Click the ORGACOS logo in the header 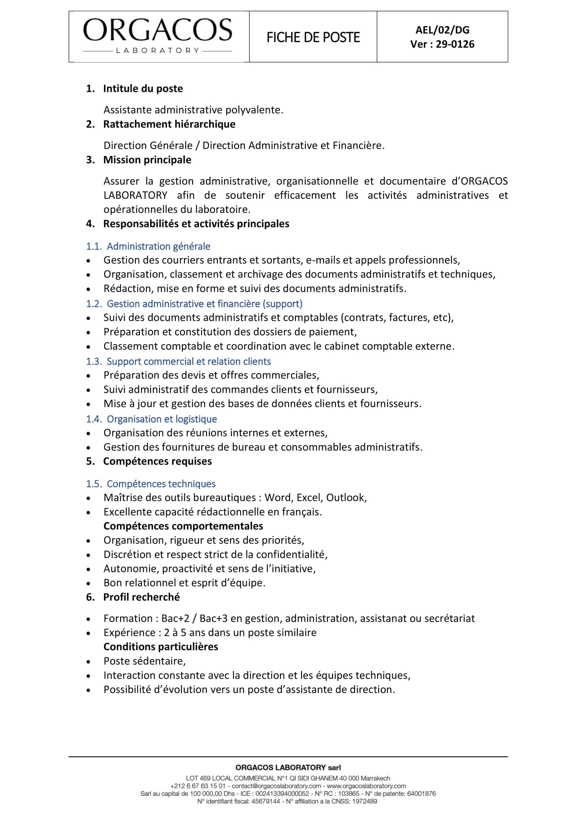(x=157, y=36)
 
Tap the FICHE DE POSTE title (x=313, y=37)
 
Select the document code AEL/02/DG (x=442, y=30)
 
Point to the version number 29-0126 (x=455, y=44)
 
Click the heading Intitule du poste (x=143, y=89)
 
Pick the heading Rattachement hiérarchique (x=169, y=124)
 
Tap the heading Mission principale (x=147, y=160)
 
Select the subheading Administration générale (x=158, y=246)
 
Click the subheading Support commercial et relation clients (x=188, y=362)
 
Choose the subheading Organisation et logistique (x=162, y=419)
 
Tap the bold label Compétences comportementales (x=183, y=526)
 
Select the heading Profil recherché (x=141, y=597)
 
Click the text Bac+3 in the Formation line (x=213, y=619)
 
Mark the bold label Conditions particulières (x=161, y=647)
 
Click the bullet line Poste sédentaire (x=145, y=661)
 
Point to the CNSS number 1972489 (x=364, y=801)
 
